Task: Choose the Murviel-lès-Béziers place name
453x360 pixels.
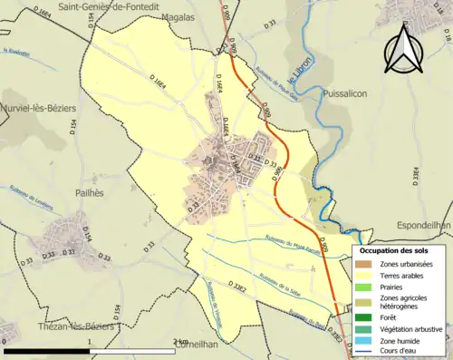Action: pyautogui.click(x=38, y=109)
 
